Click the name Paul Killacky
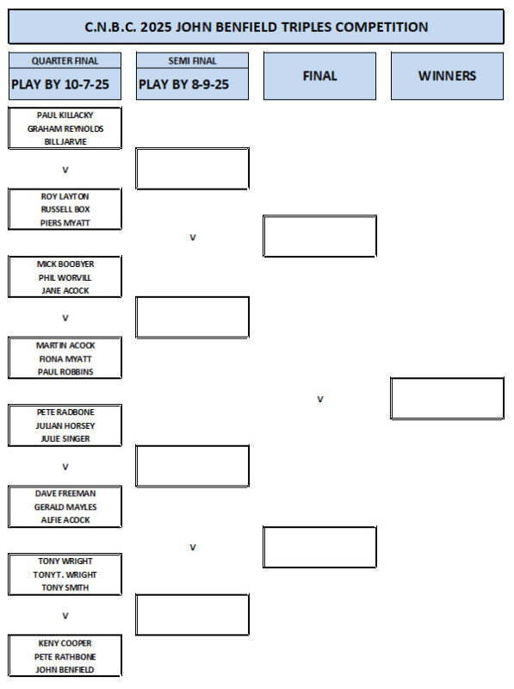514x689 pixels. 65,115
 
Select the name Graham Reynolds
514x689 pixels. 65,128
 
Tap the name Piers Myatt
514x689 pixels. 65,223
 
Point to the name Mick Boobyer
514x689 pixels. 65,264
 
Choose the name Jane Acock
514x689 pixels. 65,291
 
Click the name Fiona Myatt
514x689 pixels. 65,359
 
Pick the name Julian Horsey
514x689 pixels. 65,425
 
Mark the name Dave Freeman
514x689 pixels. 65,493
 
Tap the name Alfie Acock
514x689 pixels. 65,520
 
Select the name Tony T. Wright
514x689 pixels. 65,574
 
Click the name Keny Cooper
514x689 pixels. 65,643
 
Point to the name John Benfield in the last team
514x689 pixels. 65,670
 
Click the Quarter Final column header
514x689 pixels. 65,60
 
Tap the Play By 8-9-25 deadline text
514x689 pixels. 183,84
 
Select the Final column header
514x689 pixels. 319,76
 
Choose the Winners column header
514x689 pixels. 447,76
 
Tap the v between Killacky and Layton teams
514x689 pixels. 65,170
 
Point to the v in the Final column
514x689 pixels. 319,399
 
